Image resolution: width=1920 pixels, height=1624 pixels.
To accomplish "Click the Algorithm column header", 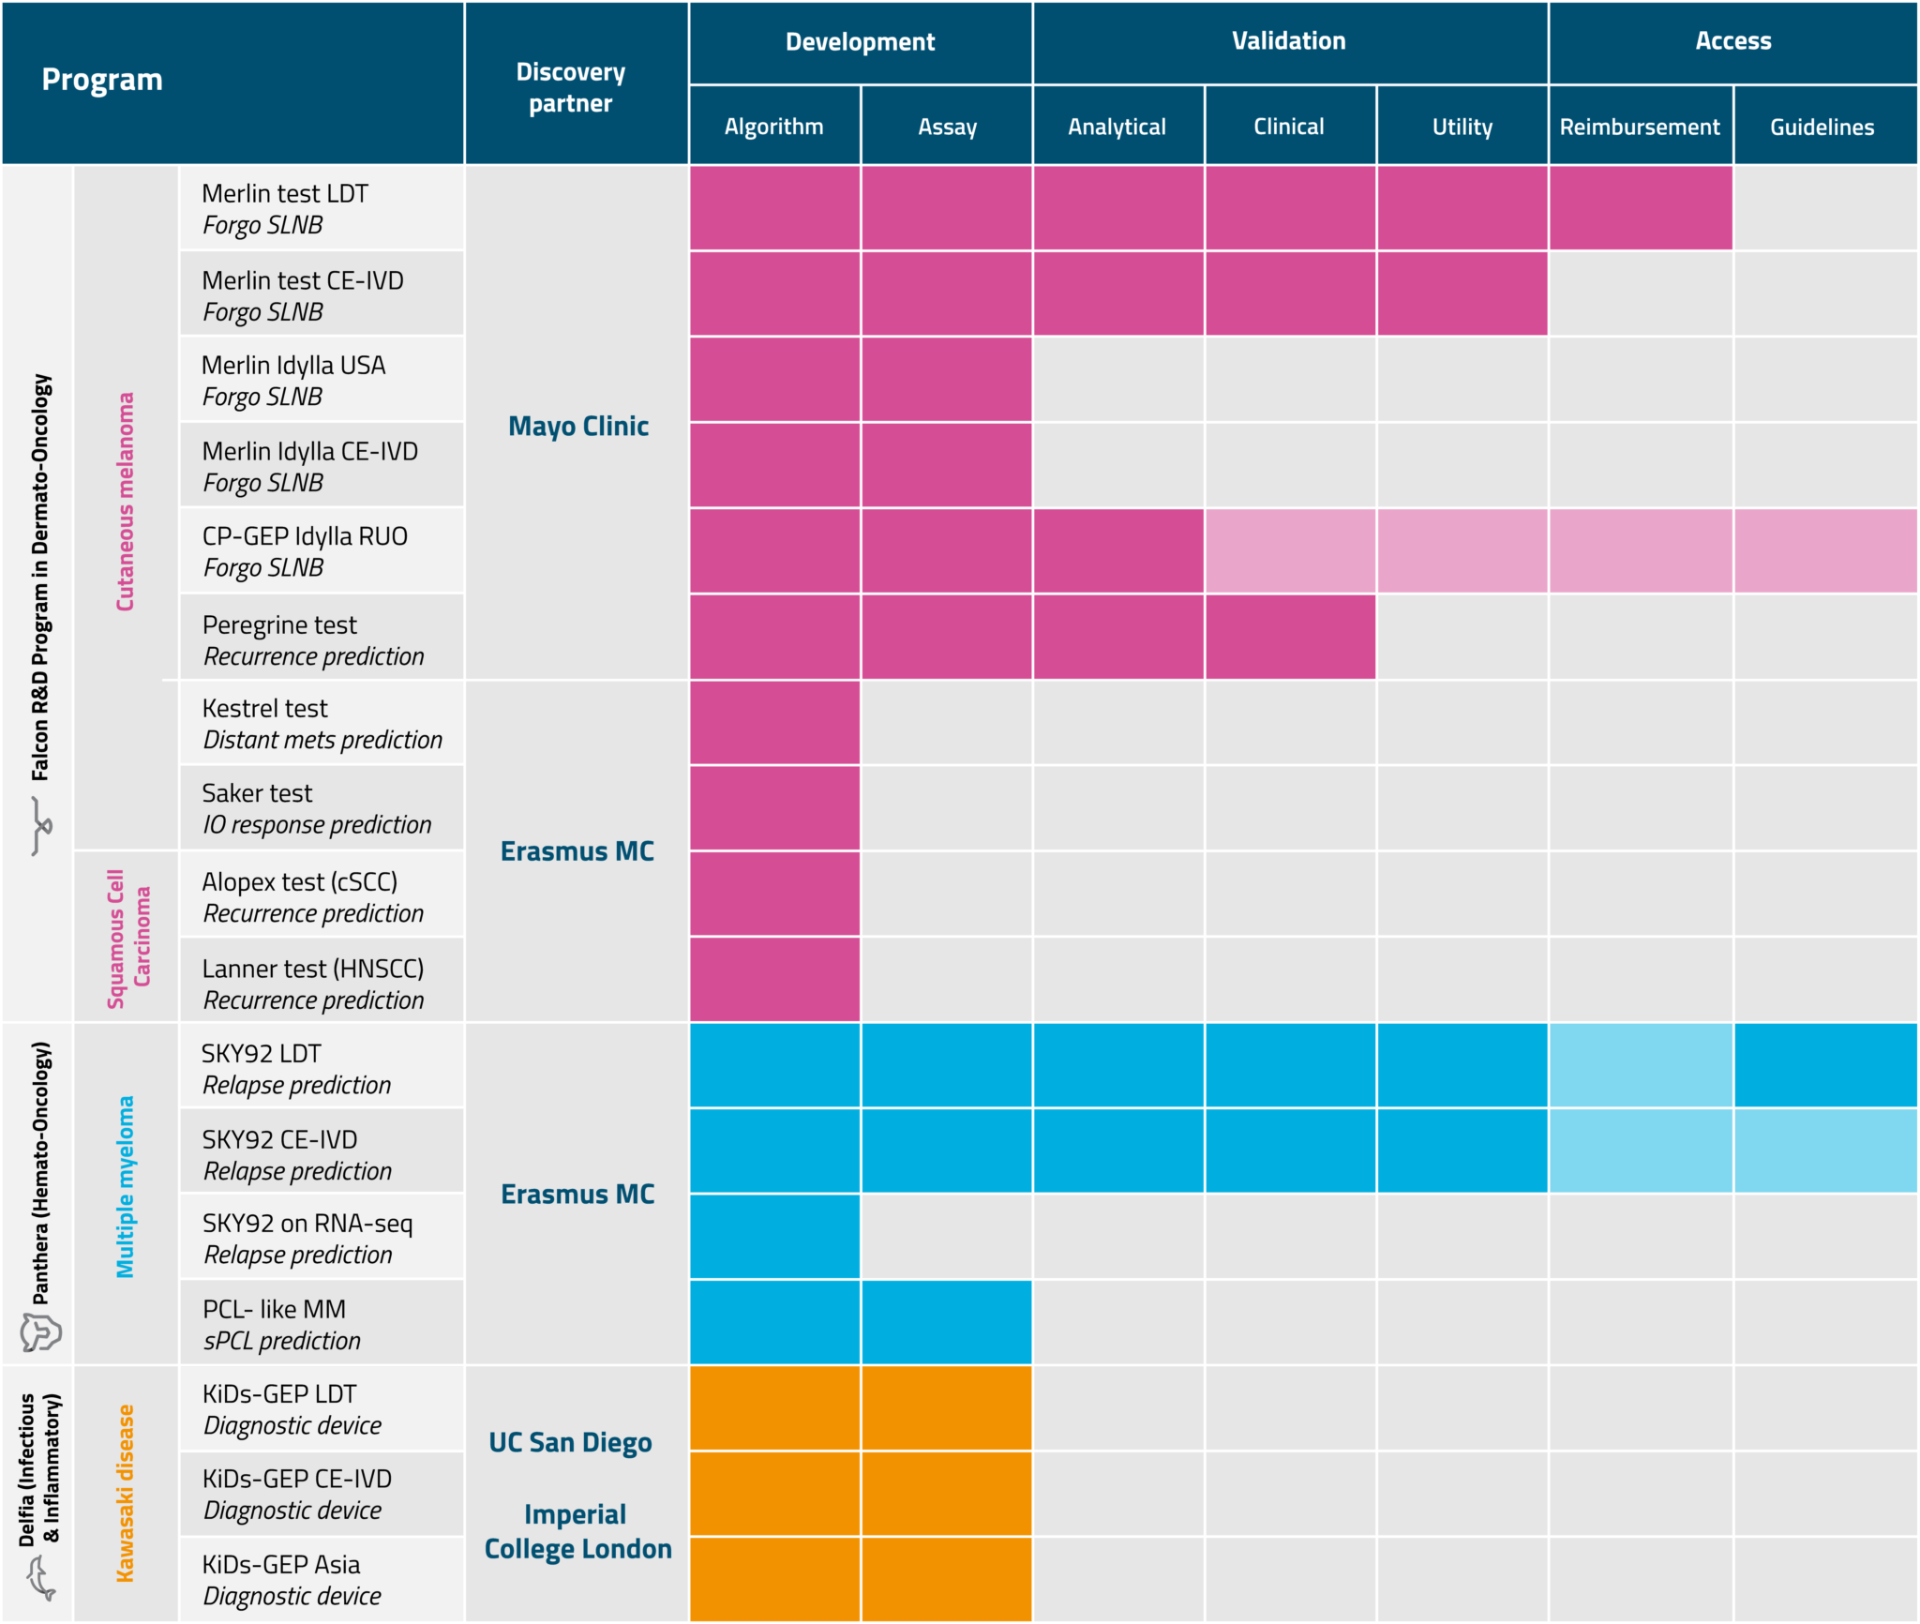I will pyautogui.click(x=773, y=127).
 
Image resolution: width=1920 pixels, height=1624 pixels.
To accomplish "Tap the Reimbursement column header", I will pyautogui.click(x=1639, y=127).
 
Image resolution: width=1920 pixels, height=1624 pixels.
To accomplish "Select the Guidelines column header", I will pyautogui.click(x=1822, y=127).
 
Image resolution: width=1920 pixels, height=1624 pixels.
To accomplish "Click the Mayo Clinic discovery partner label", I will pyautogui.click(x=577, y=426).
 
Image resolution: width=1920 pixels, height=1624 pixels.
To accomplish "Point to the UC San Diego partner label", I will pyautogui.click(x=570, y=1442).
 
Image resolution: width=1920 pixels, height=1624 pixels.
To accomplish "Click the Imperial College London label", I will pyautogui.click(x=577, y=1531).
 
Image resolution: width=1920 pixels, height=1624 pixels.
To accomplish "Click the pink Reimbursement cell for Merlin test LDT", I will pyautogui.click(x=1640, y=207).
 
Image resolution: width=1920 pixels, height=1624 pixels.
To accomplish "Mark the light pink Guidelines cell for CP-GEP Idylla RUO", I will pyautogui.click(x=1824, y=550).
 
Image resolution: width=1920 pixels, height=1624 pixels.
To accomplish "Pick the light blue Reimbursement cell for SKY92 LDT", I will pyautogui.click(x=1640, y=1064).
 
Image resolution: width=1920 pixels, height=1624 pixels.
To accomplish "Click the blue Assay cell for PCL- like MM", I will pyautogui.click(x=946, y=1321).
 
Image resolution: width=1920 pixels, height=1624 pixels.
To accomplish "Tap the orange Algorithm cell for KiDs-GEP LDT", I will pyautogui.click(x=774, y=1407).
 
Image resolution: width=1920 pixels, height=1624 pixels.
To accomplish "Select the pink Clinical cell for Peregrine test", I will pyautogui.click(x=1290, y=637).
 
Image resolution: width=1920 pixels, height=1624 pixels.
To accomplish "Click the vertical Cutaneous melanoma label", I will pyautogui.click(x=125, y=502).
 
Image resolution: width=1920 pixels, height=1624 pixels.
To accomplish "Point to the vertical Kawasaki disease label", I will pyautogui.click(x=125, y=1493).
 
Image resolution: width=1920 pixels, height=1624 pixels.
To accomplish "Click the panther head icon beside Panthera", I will pyautogui.click(x=40, y=1331).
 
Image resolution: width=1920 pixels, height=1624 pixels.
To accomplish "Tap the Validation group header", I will pyautogui.click(x=1288, y=41).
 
